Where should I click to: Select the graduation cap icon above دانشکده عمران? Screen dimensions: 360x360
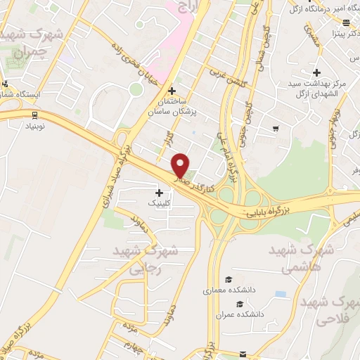point(240,304)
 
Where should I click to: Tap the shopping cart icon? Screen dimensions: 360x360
point(276,129)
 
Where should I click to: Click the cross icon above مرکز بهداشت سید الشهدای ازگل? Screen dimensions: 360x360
point(316,72)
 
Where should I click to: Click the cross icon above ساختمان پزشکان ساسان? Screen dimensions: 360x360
point(172,90)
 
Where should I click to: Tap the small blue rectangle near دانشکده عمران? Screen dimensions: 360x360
point(281,293)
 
